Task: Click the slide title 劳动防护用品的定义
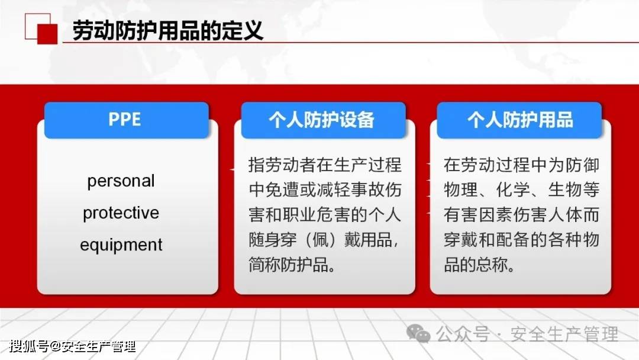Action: coord(168,31)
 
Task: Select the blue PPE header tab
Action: coord(127,120)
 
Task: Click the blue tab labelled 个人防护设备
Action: coord(323,120)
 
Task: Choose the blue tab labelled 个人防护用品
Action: coord(519,120)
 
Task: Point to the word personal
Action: coord(121,181)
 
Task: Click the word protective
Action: coord(121,213)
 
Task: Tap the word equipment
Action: coord(121,245)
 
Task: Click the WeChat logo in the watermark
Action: coord(418,334)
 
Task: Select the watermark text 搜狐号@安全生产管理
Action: coord(73,346)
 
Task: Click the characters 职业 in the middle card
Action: coord(299,215)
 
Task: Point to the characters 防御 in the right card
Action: coord(582,165)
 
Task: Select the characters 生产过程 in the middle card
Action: coord(368,165)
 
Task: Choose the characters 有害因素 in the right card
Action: coord(478,215)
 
